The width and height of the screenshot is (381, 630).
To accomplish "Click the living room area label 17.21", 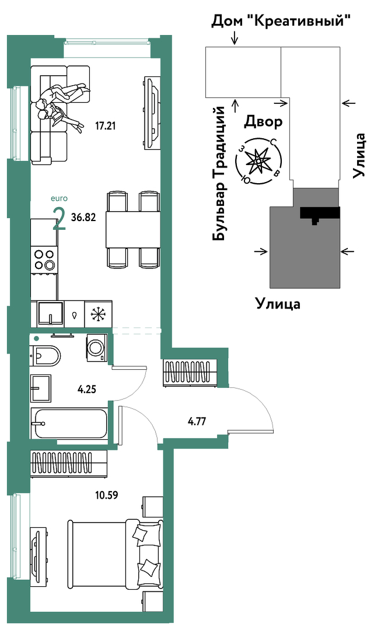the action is click(105, 126).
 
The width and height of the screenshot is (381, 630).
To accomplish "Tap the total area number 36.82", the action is click(83, 218).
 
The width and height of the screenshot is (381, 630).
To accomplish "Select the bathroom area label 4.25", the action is click(87, 389).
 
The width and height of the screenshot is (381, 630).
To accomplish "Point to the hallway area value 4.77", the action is click(197, 422).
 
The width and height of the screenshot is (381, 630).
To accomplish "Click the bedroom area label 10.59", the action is click(107, 495).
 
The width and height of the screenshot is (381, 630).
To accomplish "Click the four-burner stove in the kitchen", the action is click(44, 260).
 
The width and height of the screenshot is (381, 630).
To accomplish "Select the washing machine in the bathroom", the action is click(97, 347).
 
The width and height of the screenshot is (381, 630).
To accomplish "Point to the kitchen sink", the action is click(50, 313).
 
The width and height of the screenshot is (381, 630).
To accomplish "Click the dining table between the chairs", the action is click(132, 230).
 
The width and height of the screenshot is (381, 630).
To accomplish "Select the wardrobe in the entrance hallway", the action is click(190, 373).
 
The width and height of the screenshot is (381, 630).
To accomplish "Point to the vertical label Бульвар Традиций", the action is click(219, 173).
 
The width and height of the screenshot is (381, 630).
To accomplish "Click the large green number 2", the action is click(60, 219).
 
